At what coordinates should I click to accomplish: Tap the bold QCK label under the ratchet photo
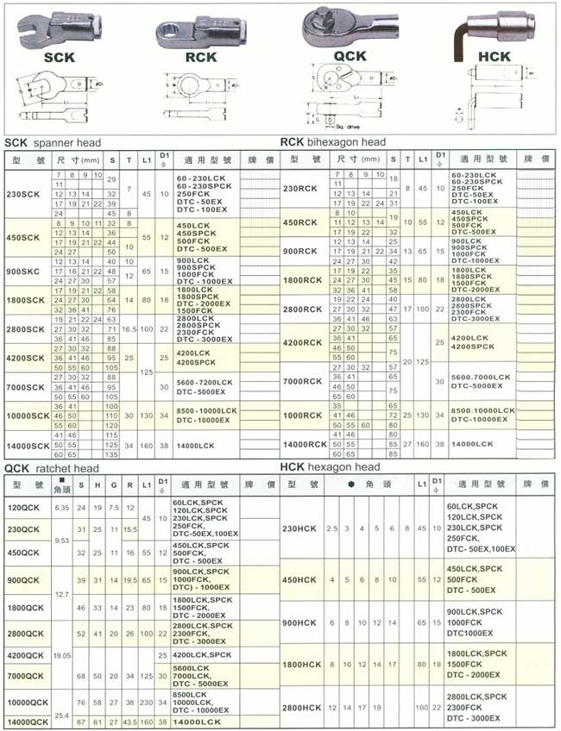[350, 56]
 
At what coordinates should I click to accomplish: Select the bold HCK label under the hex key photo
[494, 57]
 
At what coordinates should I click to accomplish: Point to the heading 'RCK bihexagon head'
[333, 142]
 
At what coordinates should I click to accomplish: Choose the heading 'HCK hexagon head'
[330, 467]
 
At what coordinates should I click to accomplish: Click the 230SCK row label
[22, 194]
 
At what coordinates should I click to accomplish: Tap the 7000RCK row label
[303, 381]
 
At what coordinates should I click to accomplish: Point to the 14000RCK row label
[306, 444]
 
